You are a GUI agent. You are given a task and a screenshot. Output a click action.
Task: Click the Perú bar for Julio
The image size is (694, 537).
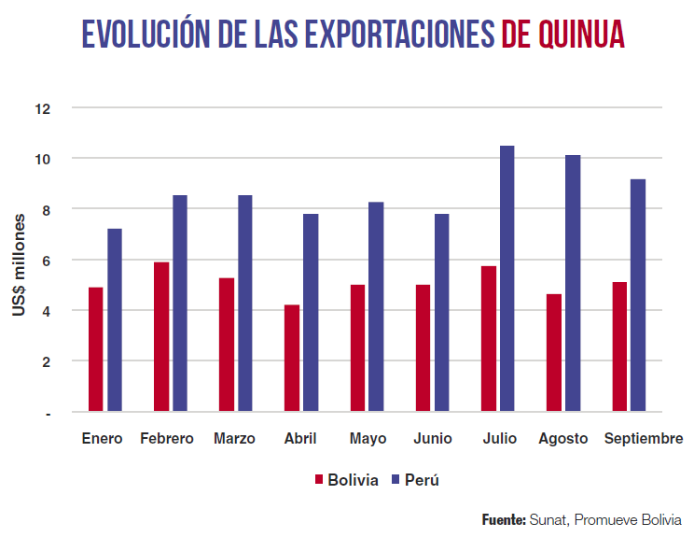click(x=507, y=278)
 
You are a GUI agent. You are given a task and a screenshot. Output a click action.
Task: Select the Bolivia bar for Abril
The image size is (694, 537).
click(x=292, y=358)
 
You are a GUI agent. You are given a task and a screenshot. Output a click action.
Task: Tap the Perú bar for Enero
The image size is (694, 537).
click(x=115, y=319)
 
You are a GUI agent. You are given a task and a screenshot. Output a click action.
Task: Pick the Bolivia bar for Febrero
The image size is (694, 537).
click(x=161, y=336)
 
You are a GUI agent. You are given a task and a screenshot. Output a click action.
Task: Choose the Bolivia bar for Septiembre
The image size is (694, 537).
click(x=619, y=346)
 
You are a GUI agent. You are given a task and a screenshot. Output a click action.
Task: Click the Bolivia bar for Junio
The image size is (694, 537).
click(x=423, y=347)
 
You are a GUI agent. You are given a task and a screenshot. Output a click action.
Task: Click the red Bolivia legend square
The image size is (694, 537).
click(x=318, y=480)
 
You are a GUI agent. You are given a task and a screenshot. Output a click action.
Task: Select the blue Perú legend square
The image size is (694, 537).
click(x=395, y=480)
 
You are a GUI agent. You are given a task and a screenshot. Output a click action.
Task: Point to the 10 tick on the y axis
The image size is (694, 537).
click(x=42, y=159)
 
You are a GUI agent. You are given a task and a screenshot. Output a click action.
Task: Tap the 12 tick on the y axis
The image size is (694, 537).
click(x=42, y=108)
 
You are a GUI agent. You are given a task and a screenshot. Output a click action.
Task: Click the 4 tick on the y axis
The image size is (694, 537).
click(x=45, y=311)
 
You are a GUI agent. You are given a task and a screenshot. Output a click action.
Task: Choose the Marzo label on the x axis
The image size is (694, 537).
click(x=234, y=439)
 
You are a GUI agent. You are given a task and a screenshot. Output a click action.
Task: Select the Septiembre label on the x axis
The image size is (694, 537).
click(x=644, y=439)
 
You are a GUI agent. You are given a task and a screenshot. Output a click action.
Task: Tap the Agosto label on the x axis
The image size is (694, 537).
click(x=563, y=439)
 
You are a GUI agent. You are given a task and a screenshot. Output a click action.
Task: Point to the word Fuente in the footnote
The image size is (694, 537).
click(x=504, y=519)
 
